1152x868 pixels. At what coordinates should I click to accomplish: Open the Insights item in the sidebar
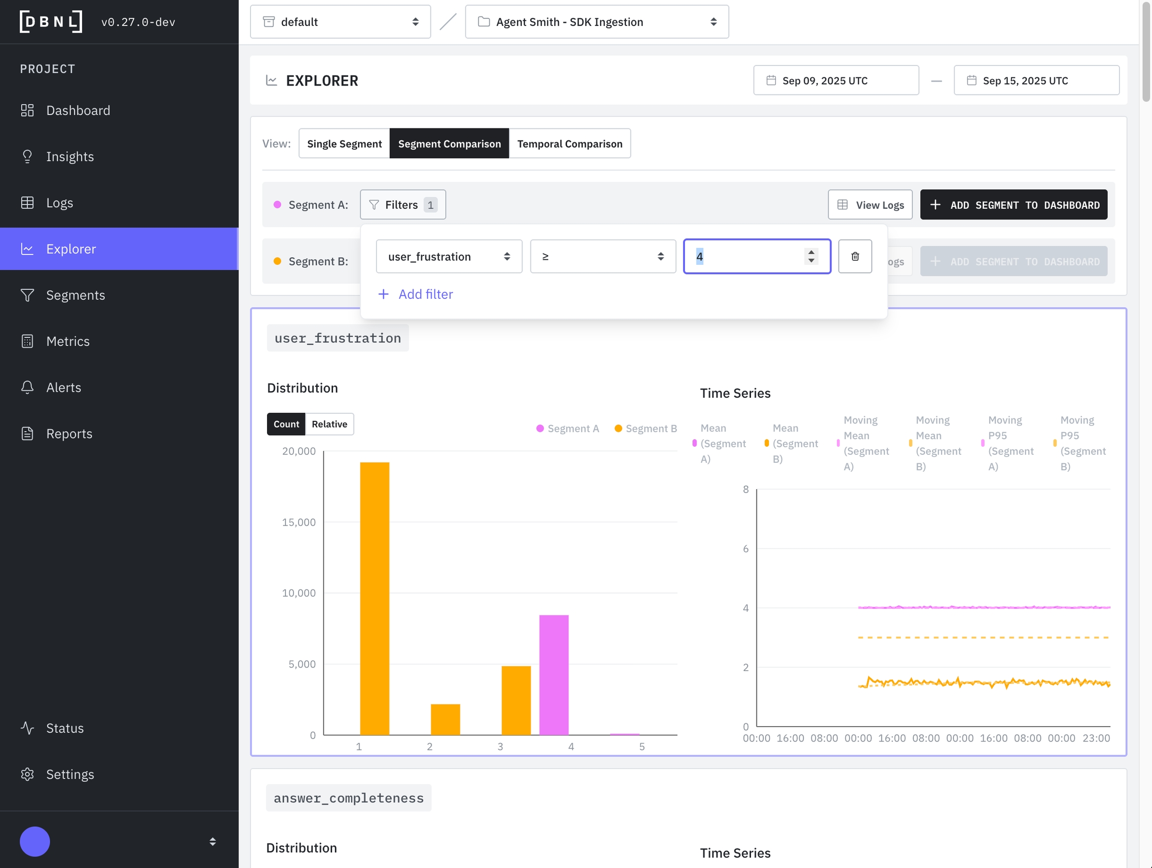(70, 156)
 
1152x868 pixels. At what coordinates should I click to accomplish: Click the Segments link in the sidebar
(75, 295)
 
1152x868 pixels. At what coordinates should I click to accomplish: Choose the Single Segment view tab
(343, 143)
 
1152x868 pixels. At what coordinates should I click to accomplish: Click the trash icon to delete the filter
(854, 256)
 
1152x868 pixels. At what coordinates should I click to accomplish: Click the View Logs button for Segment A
(869, 205)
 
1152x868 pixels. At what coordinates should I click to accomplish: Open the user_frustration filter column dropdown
(448, 256)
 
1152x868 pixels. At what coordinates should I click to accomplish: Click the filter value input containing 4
(747, 256)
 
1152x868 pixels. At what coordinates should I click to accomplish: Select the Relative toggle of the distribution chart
(329, 424)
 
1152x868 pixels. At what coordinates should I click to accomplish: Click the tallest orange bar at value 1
(374, 599)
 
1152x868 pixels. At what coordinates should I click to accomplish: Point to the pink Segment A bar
(553, 675)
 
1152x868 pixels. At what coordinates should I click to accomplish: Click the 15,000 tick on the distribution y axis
(299, 523)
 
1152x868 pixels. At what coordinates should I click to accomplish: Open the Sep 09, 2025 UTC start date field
(835, 80)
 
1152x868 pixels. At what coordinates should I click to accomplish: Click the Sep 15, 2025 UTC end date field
(1036, 80)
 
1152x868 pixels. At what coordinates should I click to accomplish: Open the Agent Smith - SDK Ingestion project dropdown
(596, 22)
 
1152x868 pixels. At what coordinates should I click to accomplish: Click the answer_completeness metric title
(348, 798)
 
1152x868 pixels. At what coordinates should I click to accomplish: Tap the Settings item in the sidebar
(70, 775)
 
